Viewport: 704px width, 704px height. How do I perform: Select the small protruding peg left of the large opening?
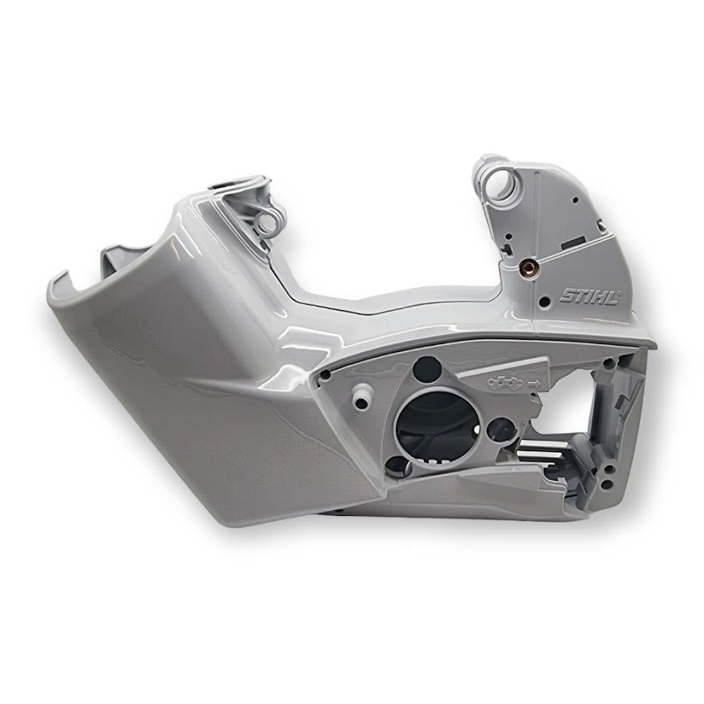pos(362,394)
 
